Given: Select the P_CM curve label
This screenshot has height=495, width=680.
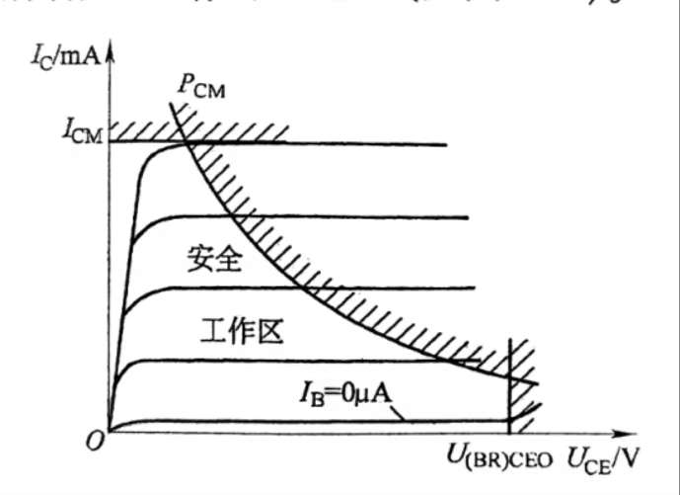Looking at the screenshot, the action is (201, 86).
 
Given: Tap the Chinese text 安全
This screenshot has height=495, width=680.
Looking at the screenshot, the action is (215, 262).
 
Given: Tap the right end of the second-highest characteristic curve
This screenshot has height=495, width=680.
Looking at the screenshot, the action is (465, 217).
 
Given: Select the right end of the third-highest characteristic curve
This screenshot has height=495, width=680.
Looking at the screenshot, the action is (474, 289).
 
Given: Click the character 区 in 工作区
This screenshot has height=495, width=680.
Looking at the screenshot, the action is (269, 330).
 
